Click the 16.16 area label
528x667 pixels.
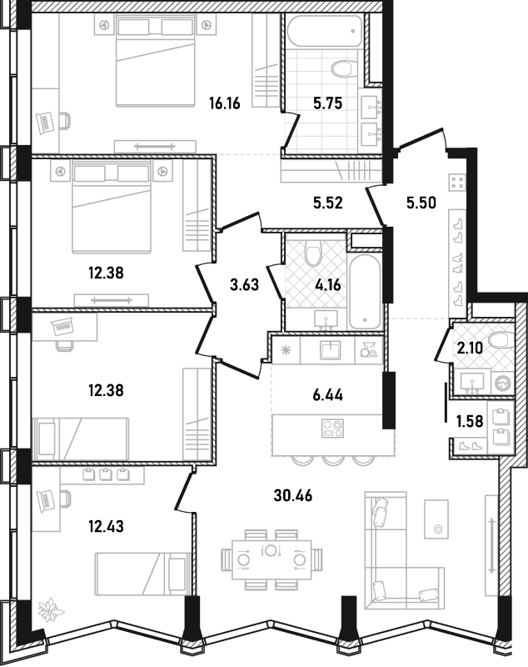pyautogui.click(x=225, y=103)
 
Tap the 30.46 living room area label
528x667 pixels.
pyautogui.click(x=293, y=495)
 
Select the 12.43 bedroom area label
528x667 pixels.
pyautogui.click(x=107, y=527)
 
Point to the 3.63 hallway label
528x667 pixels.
pyautogui.click(x=244, y=284)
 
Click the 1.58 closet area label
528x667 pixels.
pyautogui.click(x=470, y=421)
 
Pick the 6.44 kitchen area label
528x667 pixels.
pyautogui.click(x=328, y=395)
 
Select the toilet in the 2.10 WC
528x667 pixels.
pyautogui.click(x=501, y=340)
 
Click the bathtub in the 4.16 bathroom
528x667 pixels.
pyautogui.click(x=365, y=291)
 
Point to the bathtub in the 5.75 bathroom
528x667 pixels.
pyautogui.click(x=325, y=30)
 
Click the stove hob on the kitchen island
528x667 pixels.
pyautogui.click(x=332, y=429)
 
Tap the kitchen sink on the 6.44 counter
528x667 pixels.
pyautogui.click(x=330, y=350)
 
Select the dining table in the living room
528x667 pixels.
pyautogui.click(x=271, y=559)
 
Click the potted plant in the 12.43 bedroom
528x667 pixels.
pyautogui.click(x=51, y=611)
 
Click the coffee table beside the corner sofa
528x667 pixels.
pyautogui.click(x=436, y=519)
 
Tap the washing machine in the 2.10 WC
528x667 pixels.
pyautogui.click(x=504, y=382)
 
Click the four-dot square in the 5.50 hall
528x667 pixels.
pyautogui.click(x=457, y=183)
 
